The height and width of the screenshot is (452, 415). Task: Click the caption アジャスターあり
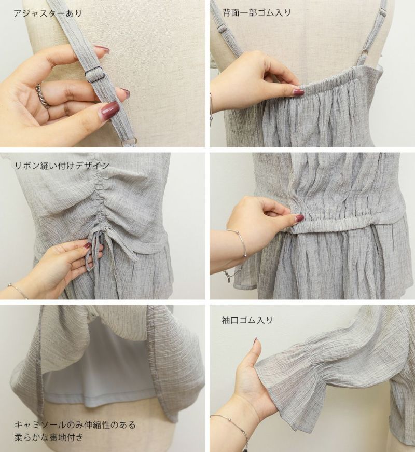coord(48,13)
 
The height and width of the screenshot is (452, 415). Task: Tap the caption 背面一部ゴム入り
coord(257,12)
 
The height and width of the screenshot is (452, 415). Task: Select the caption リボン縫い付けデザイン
coord(62,165)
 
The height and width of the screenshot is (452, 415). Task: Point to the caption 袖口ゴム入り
coord(247,320)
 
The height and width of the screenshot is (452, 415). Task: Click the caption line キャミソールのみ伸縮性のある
coord(75,424)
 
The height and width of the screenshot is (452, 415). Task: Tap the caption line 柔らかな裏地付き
coord(49,437)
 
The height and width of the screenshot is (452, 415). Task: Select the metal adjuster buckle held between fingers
coord(94,74)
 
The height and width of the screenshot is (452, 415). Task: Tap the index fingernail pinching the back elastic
coord(298,92)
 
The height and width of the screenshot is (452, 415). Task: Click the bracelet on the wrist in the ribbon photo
coord(19,291)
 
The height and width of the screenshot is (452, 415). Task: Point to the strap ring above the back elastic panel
coord(365,53)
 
